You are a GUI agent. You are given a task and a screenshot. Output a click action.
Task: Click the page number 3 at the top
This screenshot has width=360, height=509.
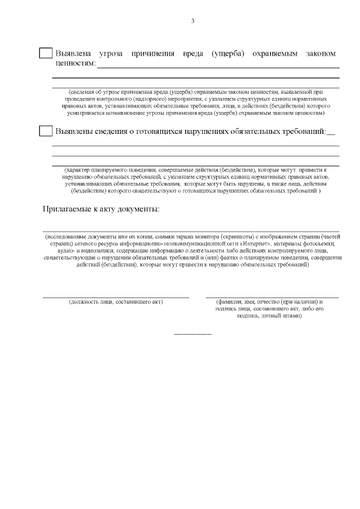192,21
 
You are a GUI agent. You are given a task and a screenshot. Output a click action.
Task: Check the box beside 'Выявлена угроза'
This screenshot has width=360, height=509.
46,53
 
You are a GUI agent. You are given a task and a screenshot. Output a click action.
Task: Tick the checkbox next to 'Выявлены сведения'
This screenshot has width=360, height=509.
46,132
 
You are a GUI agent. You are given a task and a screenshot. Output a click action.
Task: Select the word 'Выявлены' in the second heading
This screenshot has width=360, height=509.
74,132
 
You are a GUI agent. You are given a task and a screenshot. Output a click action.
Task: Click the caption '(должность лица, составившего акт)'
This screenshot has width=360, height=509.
115,302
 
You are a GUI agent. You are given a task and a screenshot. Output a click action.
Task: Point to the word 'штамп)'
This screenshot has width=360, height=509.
292,316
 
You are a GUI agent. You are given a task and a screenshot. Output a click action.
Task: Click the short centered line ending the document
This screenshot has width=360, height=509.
192,334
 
